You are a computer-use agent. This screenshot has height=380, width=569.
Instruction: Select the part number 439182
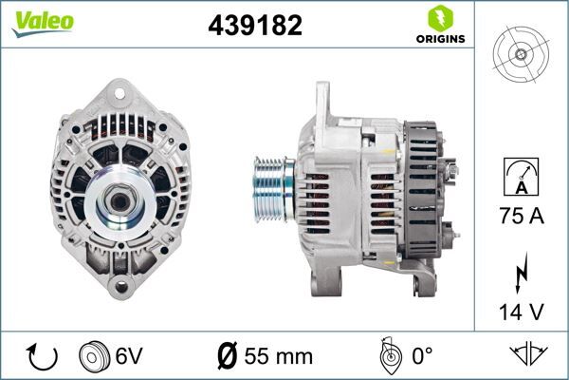255,27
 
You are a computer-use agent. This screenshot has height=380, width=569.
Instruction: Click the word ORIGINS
439,40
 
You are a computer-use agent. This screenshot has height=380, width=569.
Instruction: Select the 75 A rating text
522,217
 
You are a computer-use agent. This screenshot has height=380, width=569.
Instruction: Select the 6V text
130,357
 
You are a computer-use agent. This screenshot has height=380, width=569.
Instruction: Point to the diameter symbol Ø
228,357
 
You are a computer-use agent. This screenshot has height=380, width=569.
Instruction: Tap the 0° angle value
420,357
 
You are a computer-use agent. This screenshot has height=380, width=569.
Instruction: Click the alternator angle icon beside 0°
387,357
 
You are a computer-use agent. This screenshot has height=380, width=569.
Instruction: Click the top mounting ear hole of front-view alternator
119,92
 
